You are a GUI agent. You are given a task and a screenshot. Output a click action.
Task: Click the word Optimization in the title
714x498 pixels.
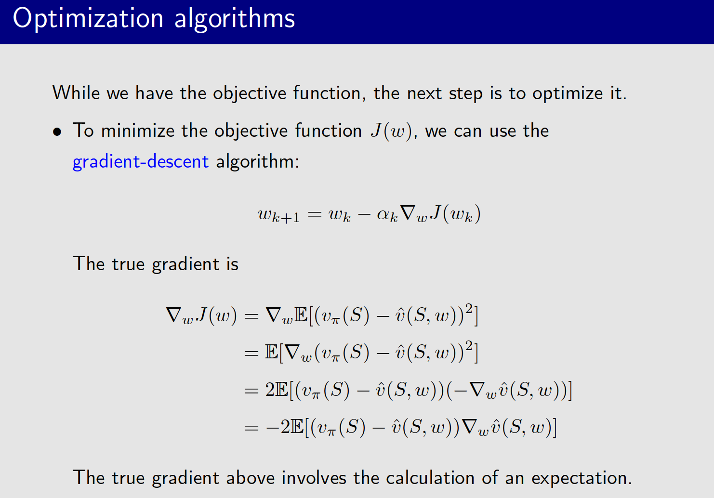point(88,19)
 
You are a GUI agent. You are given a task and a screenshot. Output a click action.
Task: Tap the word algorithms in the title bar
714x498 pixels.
point(234,19)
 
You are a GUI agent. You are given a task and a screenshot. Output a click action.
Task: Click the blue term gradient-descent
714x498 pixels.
point(140,162)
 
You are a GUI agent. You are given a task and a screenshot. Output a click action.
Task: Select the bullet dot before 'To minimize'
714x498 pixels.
point(58,131)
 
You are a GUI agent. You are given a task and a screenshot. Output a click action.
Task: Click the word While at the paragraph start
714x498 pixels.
point(76,92)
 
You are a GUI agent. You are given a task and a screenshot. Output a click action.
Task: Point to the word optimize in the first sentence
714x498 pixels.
point(568,93)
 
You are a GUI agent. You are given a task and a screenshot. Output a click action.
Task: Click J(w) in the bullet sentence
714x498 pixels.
point(391,131)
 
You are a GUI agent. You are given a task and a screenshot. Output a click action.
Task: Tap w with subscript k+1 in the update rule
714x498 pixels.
point(278,214)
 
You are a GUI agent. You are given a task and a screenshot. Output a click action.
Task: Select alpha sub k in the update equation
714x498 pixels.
point(387,214)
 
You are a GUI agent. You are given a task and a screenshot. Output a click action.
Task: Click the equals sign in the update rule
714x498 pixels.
point(314,214)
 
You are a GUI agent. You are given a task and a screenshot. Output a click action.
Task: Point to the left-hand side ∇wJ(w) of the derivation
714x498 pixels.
point(201,315)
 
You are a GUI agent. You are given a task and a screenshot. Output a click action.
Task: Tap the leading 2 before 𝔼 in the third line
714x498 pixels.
point(270,390)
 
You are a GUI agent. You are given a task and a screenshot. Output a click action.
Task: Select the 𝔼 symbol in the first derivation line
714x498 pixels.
point(301,315)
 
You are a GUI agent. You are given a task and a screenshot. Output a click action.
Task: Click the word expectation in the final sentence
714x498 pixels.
point(581,478)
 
